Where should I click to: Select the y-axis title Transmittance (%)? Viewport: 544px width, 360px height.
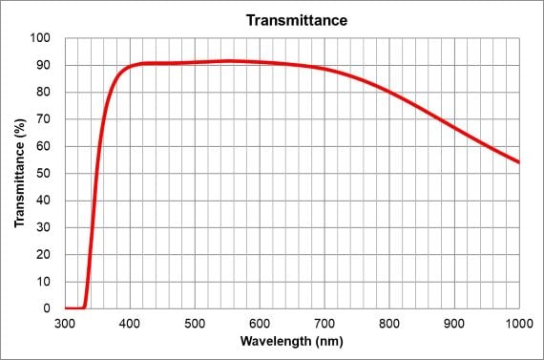click(x=19, y=173)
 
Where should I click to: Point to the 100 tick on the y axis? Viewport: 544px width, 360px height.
click(x=40, y=38)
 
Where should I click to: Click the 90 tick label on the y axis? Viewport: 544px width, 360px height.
click(x=43, y=65)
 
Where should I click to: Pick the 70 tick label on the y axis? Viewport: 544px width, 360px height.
click(x=43, y=119)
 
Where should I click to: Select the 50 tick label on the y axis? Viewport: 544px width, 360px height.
click(x=43, y=174)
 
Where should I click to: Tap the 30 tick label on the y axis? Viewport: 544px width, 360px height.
click(x=43, y=227)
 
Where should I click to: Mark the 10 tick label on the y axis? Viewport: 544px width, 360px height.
click(x=43, y=282)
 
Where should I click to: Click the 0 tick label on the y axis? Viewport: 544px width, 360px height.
click(x=47, y=308)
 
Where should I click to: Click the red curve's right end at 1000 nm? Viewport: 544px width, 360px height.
click(x=519, y=162)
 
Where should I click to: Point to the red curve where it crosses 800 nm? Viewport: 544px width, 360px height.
click(x=389, y=92)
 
